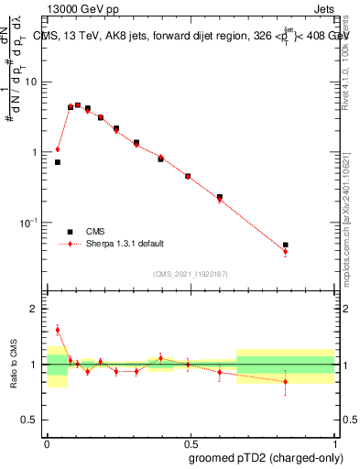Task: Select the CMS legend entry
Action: pos(95,232)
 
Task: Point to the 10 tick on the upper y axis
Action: pos(32,82)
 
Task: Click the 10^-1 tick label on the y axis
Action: pos(30,223)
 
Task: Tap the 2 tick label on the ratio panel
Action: pos(35,309)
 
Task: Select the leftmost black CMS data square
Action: pos(58,162)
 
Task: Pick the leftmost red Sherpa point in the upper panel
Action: pos(58,149)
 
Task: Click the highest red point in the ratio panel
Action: pos(58,330)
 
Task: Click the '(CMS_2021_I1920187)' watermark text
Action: pos(190,272)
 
